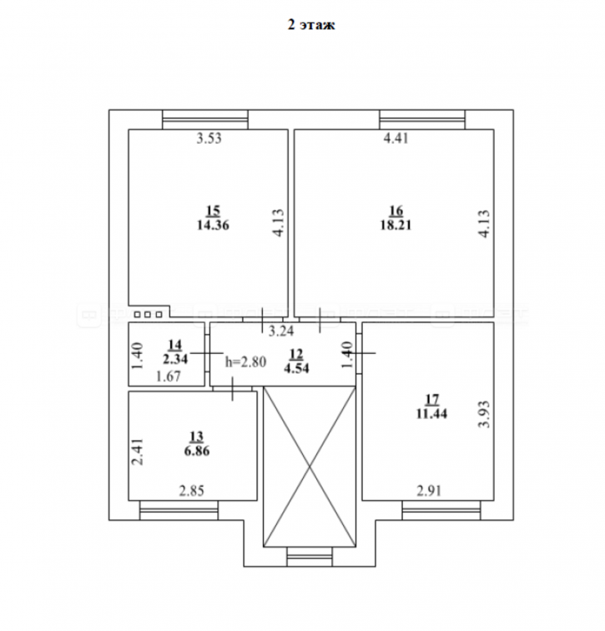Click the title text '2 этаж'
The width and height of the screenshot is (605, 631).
point(311,25)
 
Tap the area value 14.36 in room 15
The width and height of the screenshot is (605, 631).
point(213,225)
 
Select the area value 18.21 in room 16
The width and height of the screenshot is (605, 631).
point(396,225)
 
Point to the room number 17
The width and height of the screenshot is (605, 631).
point(431,399)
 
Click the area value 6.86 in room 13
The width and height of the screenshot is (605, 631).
point(197,451)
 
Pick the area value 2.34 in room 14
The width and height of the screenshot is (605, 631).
point(175,359)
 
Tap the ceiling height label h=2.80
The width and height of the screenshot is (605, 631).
point(245,361)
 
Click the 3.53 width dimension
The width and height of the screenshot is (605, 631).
point(209,139)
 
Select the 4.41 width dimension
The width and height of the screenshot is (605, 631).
point(396,139)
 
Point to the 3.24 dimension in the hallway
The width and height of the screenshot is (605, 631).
point(281,331)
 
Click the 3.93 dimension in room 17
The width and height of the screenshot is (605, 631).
point(485,414)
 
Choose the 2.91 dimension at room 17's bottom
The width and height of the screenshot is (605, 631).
point(429,491)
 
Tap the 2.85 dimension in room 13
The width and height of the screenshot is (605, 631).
point(191,491)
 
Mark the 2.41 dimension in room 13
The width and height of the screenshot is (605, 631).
point(138,452)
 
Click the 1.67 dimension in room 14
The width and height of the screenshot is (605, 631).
point(168,376)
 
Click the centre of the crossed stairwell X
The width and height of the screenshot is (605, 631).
point(310,467)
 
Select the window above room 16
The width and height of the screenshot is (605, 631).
point(422,119)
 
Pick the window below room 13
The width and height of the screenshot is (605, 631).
point(179,510)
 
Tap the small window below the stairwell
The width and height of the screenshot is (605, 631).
point(310,557)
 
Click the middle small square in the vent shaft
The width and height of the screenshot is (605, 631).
point(148,315)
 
